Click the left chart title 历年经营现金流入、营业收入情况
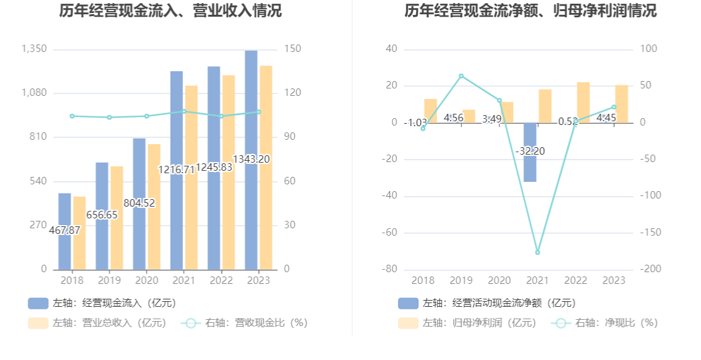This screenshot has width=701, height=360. click(x=170, y=11)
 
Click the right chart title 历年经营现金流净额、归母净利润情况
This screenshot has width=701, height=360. click(x=530, y=11)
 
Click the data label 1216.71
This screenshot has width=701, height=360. click(x=177, y=169)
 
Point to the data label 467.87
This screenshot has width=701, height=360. click(x=65, y=230)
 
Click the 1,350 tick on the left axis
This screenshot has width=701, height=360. click(x=34, y=49)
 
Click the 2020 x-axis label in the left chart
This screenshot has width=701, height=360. click(x=146, y=281)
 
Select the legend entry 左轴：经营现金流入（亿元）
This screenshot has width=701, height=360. click(x=102, y=303)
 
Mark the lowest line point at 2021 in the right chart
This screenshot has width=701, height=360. click(x=537, y=252)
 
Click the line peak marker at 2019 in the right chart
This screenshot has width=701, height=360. click(x=461, y=76)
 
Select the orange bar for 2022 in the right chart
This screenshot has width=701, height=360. click(x=583, y=103)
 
